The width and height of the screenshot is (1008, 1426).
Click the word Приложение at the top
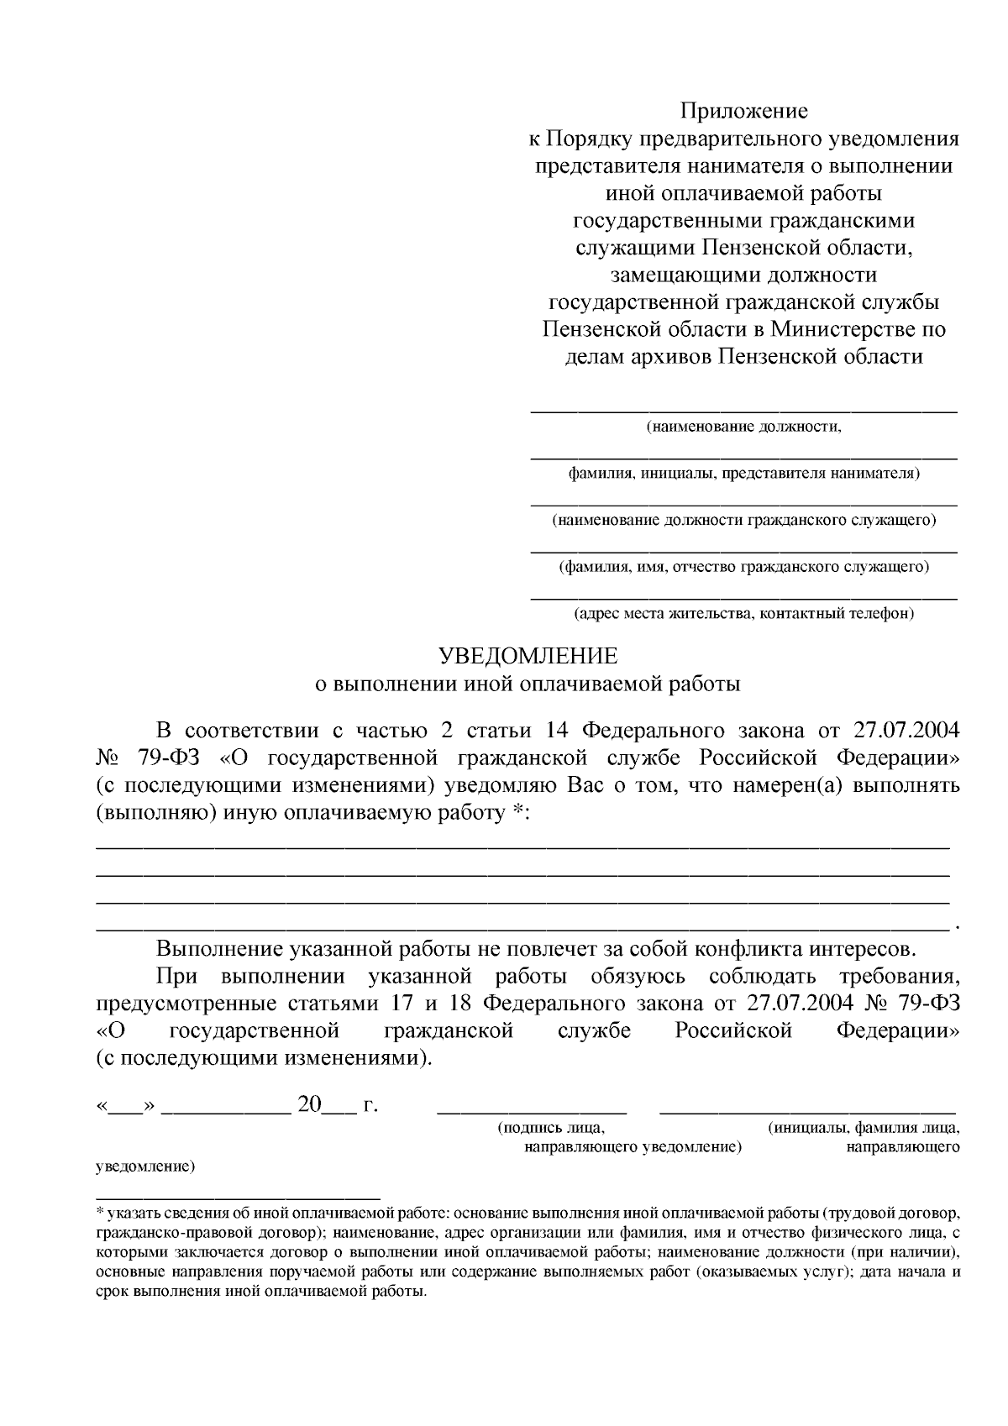click(743, 111)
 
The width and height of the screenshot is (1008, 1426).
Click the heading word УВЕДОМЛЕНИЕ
click(529, 656)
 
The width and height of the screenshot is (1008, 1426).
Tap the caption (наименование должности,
click(743, 427)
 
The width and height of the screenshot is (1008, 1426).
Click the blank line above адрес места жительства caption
click(743, 598)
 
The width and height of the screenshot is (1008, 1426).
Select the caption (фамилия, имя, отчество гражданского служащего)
click(743, 567)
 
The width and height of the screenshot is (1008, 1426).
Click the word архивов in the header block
click(668, 357)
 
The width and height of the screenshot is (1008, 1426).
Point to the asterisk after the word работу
click(517, 812)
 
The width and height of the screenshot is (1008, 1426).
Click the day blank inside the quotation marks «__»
click(126, 1106)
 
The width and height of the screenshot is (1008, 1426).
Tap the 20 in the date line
click(309, 1104)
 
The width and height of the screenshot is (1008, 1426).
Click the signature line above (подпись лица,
click(532, 1110)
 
